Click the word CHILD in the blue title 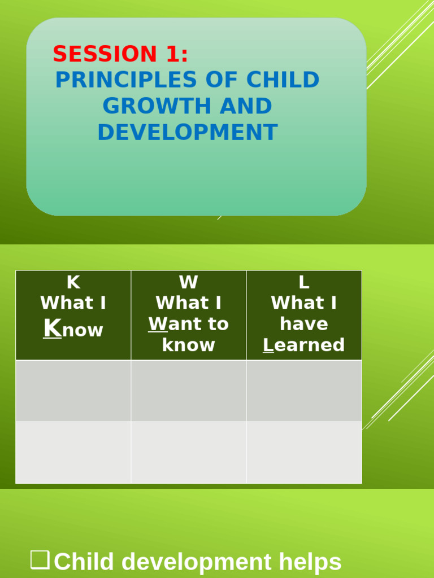click(x=283, y=80)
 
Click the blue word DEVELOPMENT click(x=187, y=133)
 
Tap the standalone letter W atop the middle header click(x=188, y=282)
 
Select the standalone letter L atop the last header click(x=303, y=282)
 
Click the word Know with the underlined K click(x=73, y=329)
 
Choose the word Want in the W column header click(x=173, y=324)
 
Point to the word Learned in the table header click(x=303, y=345)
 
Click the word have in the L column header click(x=303, y=324)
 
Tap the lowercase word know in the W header click(x=188, y=345)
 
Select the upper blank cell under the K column click(x=73, y=391)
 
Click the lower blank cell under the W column click(x=188, y=452)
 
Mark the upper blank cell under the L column click(x=303, y=391)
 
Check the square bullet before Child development click(x=40, y=560)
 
